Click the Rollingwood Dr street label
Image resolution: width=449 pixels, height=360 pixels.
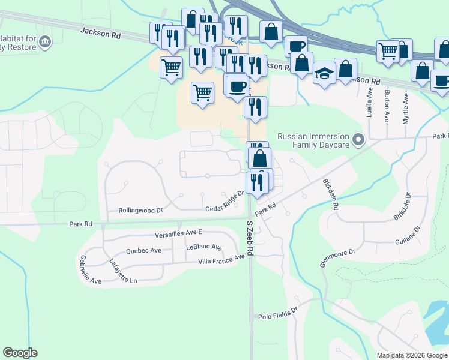(x=141, y=210)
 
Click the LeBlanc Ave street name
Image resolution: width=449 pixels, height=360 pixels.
(x=204, y=247)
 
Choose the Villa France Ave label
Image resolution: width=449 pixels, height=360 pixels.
(x=222, y=260)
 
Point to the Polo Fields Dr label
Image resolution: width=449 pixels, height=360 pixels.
(x=278, y=313)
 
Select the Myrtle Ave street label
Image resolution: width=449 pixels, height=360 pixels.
(x=406, y=108)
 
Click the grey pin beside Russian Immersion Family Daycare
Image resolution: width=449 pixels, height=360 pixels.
(x=358, y=141)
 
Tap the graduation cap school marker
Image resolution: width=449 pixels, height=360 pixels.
(x=325, y=74)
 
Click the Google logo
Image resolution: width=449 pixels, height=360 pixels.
(x=20, y=353)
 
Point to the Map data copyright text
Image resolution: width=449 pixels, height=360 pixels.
(x=412, y=355)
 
